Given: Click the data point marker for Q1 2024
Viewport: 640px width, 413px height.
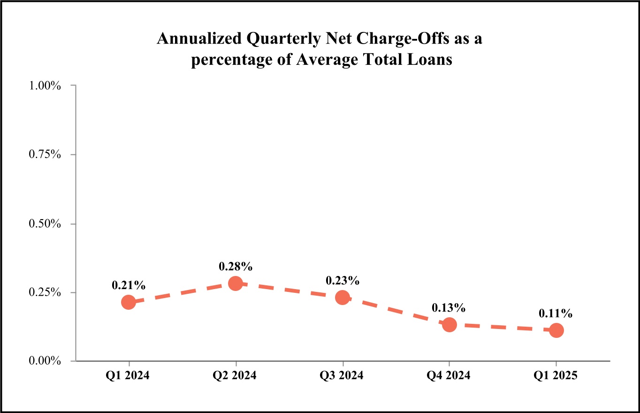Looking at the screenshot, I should pos(129,302).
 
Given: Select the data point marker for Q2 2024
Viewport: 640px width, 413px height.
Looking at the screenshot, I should pos(236,283).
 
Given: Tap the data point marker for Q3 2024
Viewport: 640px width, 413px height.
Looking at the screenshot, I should pos(343,297).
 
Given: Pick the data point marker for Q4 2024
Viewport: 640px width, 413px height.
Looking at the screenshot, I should pos(450,324).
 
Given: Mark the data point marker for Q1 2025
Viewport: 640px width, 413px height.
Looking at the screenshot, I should pos(556,330).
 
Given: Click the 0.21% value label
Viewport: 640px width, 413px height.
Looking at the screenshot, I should pos(129,285).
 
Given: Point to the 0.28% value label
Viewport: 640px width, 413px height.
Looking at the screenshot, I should pos(236,267).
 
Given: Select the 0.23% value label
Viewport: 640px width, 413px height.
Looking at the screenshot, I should pos(343,281).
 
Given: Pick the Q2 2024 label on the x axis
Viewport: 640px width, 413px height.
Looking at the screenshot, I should pos(236,376).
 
